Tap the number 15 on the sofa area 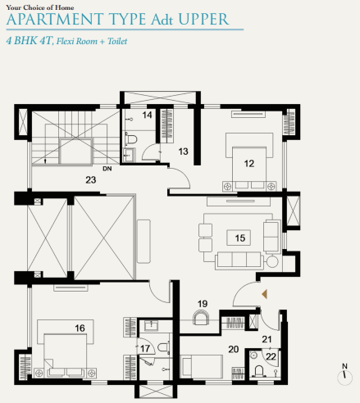240,238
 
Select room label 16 80,328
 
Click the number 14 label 148,115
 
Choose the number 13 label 183,151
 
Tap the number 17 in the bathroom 145,350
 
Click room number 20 233,350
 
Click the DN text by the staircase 107,170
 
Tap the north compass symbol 344,374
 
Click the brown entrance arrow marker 263,293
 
